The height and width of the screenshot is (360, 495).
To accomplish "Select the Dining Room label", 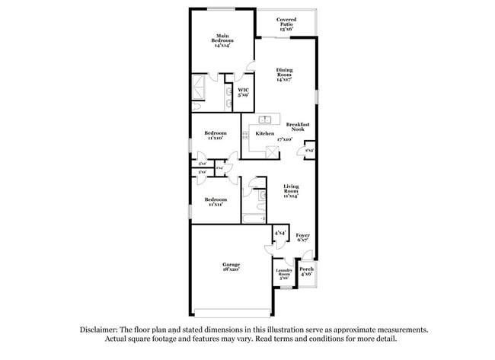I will pyautogui.click(x=283, y=74).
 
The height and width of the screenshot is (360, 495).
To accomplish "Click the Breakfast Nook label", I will pyautogui.click(x=298, y=127).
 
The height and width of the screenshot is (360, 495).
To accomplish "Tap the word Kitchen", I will pyautogui.click(x=264, y=133).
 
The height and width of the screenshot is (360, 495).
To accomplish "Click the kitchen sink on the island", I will pyautogui.click(x=265, y=119).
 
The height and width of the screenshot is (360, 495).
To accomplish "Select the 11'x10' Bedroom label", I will pyautogui.click(x=215, y=135).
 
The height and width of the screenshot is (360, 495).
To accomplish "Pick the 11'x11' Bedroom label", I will pyautogui.click(x=214, y=201).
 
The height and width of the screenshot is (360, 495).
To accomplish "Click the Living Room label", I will pyautogui.click(x=291, y=190).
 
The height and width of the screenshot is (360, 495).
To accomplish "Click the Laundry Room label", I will pyautogui.click(x=283, y=275).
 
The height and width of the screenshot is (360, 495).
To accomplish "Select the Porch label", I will pyautogui.click(x=306, y=271).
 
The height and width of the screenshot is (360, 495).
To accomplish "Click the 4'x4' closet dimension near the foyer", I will pyautogui.click(x=279, y=232).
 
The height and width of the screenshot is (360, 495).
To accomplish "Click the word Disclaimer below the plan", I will pyautogui.click(x=103, y=330).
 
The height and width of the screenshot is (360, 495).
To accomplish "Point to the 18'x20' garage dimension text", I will pyautogui.click(x=231, y=269).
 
